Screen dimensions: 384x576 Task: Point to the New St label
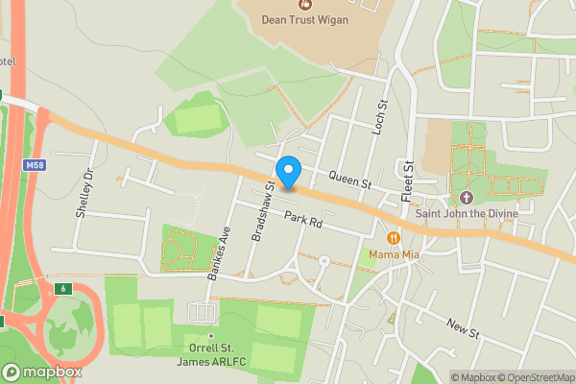pos(463,327)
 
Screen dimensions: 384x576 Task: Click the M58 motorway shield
pos(32,166)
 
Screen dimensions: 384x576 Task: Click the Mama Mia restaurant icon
pos(393,237)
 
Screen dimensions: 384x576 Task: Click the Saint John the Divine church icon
pos(468,196)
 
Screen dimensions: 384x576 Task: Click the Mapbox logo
pos(42,372)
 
